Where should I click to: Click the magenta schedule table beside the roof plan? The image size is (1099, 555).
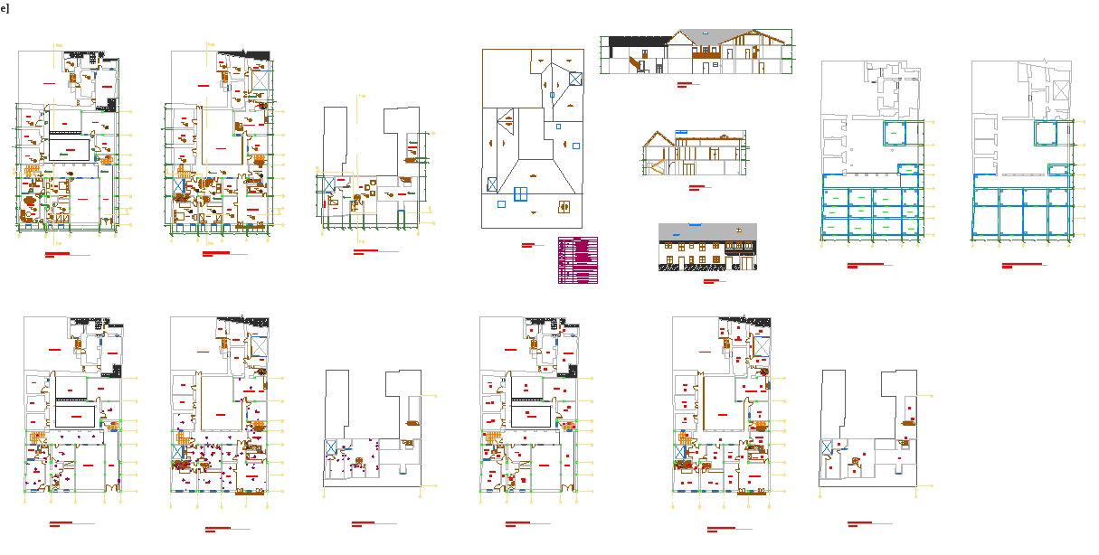[x=577, y=260]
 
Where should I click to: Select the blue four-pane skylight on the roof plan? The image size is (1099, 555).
[x=521, y=193]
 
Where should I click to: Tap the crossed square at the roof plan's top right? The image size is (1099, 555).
[x=575, y=79]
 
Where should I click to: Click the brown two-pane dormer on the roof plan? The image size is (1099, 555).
[x=565, y=205]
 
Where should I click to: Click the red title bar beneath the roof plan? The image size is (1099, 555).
[x=528, y=245]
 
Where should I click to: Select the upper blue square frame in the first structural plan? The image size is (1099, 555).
[x=895, y=134]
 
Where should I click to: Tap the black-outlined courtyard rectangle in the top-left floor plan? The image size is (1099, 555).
[x=71, y=147]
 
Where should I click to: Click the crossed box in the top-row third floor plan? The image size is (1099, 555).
[x=327, y=184]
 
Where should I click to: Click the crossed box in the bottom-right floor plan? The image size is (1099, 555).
[x=826, y=447]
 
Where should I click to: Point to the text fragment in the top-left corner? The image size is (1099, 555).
[x=4, y=8]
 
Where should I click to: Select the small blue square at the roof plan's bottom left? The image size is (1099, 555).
[x=501, y=204]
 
